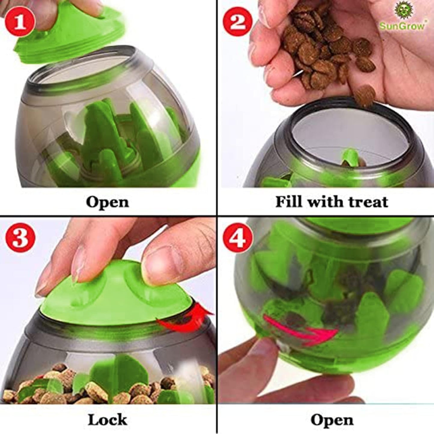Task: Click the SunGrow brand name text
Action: pos(402,26)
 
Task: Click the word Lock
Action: pos(107,419)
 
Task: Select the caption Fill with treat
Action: pos(332,202)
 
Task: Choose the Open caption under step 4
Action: pos(332,420)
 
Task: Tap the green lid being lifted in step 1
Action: pos(69,33)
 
